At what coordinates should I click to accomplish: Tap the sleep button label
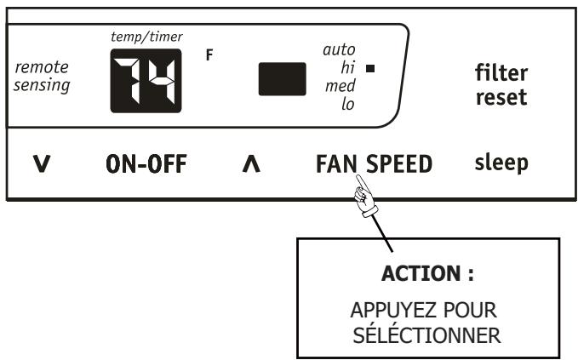click(501, 162)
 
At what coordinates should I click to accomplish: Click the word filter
click(501, 74)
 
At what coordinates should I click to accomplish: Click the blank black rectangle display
click(283, 79)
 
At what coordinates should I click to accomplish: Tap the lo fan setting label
click(347, 104)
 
